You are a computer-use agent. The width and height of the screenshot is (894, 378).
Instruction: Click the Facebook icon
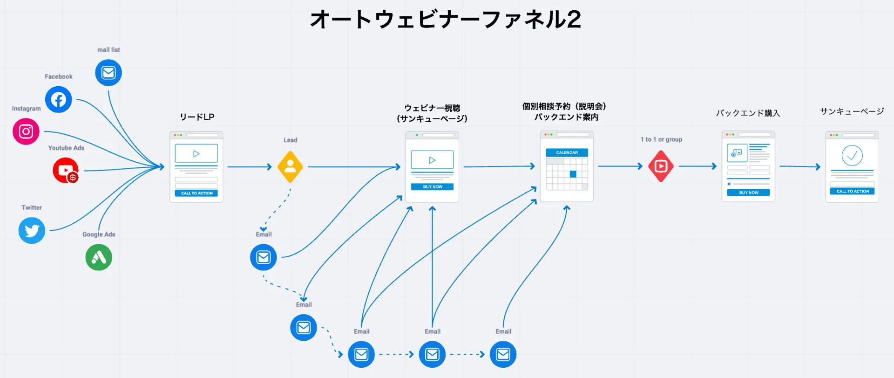tap(58, 99)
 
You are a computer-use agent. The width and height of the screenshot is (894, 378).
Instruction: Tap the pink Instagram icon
tap(26, 131)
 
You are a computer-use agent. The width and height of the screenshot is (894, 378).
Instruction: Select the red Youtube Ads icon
tap(66, 170)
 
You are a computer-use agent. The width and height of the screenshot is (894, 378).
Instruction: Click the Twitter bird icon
tap(32, 230)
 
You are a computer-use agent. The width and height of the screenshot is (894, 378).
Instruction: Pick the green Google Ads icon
tap(99, 257)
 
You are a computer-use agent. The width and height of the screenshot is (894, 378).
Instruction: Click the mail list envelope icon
tap(108, 73)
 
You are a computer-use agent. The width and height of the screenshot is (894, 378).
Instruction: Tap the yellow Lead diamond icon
tap(290, 166)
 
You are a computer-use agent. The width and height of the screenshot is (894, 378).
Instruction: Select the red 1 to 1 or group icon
tap(661, 166)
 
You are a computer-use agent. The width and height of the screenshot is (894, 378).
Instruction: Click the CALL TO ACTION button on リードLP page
tap(196, 193)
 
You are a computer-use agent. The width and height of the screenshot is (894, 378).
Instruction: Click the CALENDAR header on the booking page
tap(567, 152)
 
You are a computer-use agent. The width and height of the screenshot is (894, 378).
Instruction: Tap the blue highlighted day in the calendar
tap(573, 174)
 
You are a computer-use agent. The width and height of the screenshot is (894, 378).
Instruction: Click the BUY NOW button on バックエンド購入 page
tap(748, 192)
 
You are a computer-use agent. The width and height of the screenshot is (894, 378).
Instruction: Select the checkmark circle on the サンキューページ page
tap(852, 156)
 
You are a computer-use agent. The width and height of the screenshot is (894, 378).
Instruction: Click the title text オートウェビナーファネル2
tap(446, 20)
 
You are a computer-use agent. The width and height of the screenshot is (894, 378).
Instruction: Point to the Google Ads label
tap(99, 234)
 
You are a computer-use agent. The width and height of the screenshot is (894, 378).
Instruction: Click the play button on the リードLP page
tap(196, 153)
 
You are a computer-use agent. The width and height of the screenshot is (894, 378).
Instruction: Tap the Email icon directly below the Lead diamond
tap(264, 257)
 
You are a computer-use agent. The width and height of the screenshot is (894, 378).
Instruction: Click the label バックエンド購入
tap(748, 113)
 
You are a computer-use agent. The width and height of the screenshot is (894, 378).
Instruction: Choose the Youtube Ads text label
tap(66, 148)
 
